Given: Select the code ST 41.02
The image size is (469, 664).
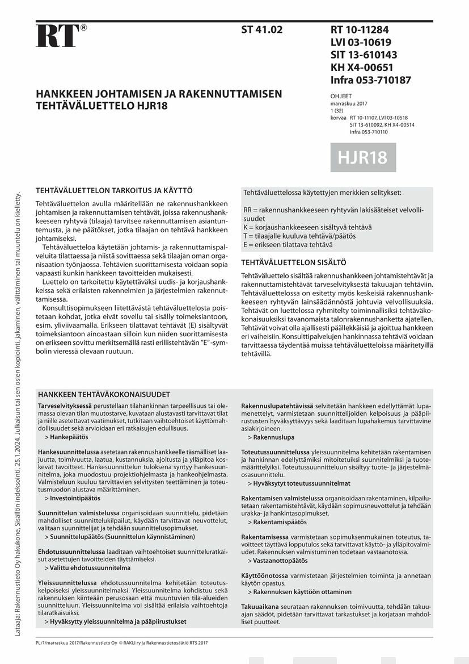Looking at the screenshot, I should [261, 30].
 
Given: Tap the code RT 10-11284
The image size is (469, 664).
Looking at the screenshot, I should [360, 30].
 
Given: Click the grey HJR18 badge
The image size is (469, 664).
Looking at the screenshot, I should [363, 157].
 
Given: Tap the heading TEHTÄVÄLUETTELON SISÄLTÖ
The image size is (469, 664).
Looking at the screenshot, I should [293, 262].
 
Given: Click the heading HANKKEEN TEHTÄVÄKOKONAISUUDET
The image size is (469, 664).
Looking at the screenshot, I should [104, 394].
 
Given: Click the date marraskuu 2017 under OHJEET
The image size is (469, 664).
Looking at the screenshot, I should [349, 105].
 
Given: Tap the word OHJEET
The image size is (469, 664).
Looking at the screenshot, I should [341, 97].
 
